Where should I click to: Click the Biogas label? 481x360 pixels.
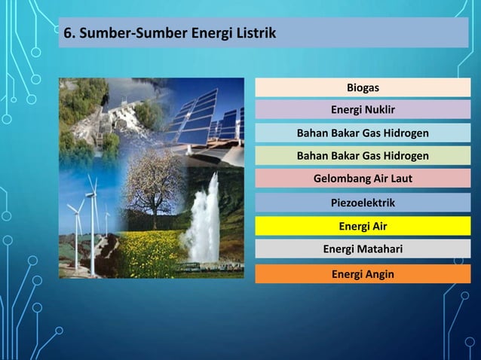(x=363, y=88)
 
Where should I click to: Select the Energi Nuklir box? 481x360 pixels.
(x=363, y=111)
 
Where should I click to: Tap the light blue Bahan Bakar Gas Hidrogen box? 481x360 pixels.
(x=363, y=133)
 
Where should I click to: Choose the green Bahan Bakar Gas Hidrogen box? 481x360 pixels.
(x=363, y=156)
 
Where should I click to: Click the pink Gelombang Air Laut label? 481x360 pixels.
(x=363, y=178)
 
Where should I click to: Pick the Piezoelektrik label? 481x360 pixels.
(x=363, y=203)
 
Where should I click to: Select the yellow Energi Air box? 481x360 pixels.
(x=363, y=226)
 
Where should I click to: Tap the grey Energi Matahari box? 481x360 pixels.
(x=363, y=249)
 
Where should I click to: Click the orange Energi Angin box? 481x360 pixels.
(x=363, y=273)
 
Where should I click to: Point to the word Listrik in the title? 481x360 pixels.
(x=253, y=34)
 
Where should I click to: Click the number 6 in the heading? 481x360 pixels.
(x=68, y=34)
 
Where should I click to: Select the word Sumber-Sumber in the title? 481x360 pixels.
(x=115, y=34)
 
